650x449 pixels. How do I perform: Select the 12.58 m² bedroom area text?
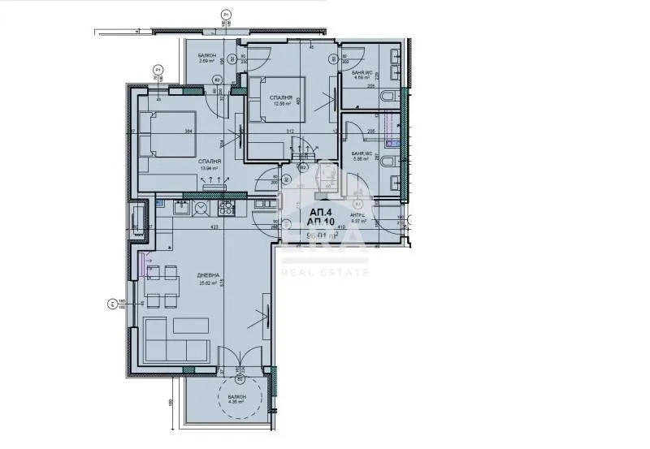[281, 103]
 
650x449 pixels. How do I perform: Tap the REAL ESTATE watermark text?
[324, 272]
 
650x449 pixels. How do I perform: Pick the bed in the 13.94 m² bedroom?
[168, 134]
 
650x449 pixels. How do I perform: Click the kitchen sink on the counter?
[200, 209]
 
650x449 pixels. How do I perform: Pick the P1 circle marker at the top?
[226, 14]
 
